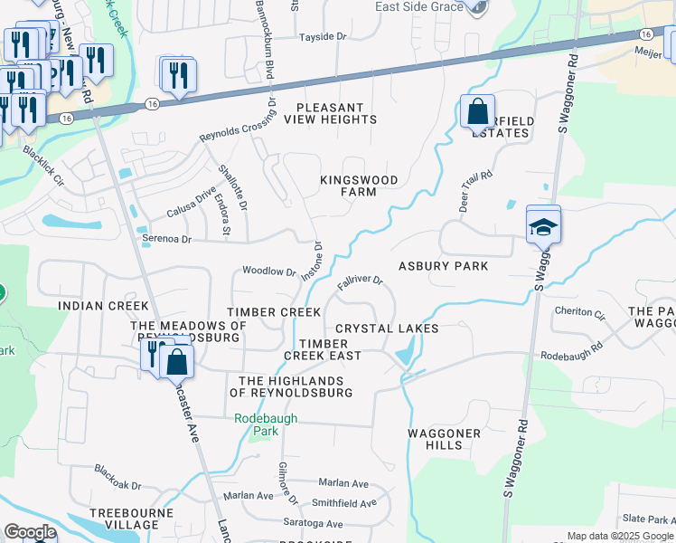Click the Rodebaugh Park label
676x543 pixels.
[257, 424]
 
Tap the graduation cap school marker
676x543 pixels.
[543, 226]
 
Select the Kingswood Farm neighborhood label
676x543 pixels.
[359, 186]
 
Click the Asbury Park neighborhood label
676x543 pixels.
[444, 266]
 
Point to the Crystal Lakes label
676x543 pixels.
[387, 329]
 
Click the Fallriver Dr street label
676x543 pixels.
[361, 283]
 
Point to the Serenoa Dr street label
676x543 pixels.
[167, 240]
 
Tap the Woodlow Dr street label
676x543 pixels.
[269, 271]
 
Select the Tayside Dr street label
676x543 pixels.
[324, 37]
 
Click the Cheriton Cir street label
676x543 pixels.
[579, 313]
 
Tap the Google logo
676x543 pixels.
[30, 532]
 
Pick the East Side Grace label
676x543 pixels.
[418, 7]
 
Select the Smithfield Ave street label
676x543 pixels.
[343, 503]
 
